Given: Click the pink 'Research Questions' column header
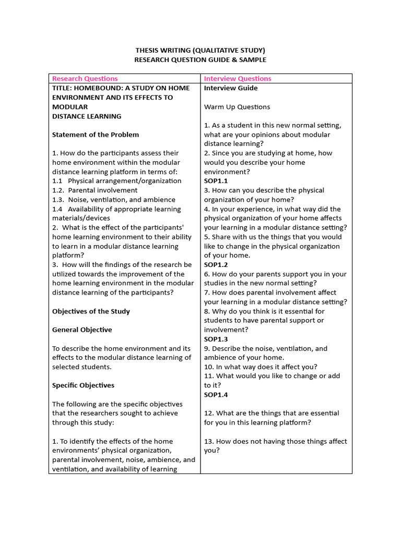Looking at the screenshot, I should tap(85, 79).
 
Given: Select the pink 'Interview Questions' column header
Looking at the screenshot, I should tap(238, 79).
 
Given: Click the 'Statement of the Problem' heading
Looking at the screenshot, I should tap(96, 135).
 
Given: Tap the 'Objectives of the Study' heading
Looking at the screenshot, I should tap(91, 311).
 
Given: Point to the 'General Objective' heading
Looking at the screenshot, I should tap(82, 330).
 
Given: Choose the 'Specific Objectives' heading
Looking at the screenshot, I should tap(83, 385).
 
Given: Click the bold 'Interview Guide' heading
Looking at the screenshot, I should tap(231, 88).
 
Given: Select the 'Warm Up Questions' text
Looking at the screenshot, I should tap(237, 107).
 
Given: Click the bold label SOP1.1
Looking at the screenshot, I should tap(216, 181).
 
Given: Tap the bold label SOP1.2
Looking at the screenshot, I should tap(216, 265).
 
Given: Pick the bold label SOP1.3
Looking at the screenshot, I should tap(216, 339).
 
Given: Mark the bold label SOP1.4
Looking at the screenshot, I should tap(216, 395).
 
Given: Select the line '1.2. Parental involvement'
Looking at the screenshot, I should tap(95, 190).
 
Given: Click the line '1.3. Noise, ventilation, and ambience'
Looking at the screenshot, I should tap(114, 200).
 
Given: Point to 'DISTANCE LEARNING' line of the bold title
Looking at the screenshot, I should tap(87, 116).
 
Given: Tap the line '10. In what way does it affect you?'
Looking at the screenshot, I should tap(261, 367).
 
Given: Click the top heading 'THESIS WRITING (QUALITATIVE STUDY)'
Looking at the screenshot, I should tap(200, 50).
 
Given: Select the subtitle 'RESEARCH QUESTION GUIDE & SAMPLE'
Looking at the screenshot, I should tap(200, 60).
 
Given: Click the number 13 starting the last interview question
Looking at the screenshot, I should tap(208, 441).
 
